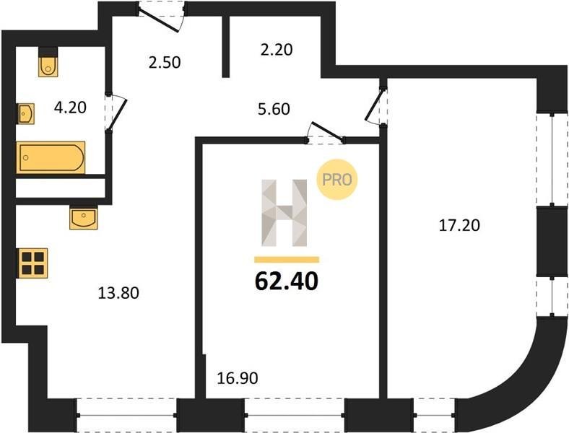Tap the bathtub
pyautogui.click(x=51, y=157)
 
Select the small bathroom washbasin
pyautogui.click(x=25, y=113)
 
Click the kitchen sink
pyautogui.click(x=84, y=218)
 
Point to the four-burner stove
pyautogui.click(x=32, y=263)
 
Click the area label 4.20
pyautogui.click(x=70, y=108)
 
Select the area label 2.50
pyautogui.click(x=165, y=62)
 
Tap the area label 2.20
pyautogui.click(x=277, y=50)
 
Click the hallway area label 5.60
pyautogui.click(x=274, y=109)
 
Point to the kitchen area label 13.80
pyautogui.click(x=118, y=293)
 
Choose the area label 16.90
pyautogui.click(x=238, y=378)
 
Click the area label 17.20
pyautogui.click(x=459, y=226)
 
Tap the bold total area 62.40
pyautogui.click(x=287, y=281)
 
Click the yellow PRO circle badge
pyautogui.click(x=337, y=180)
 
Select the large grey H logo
pyautogui.click(x=284, y=213)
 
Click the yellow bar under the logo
pyautogui.click(x=287, y=259)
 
